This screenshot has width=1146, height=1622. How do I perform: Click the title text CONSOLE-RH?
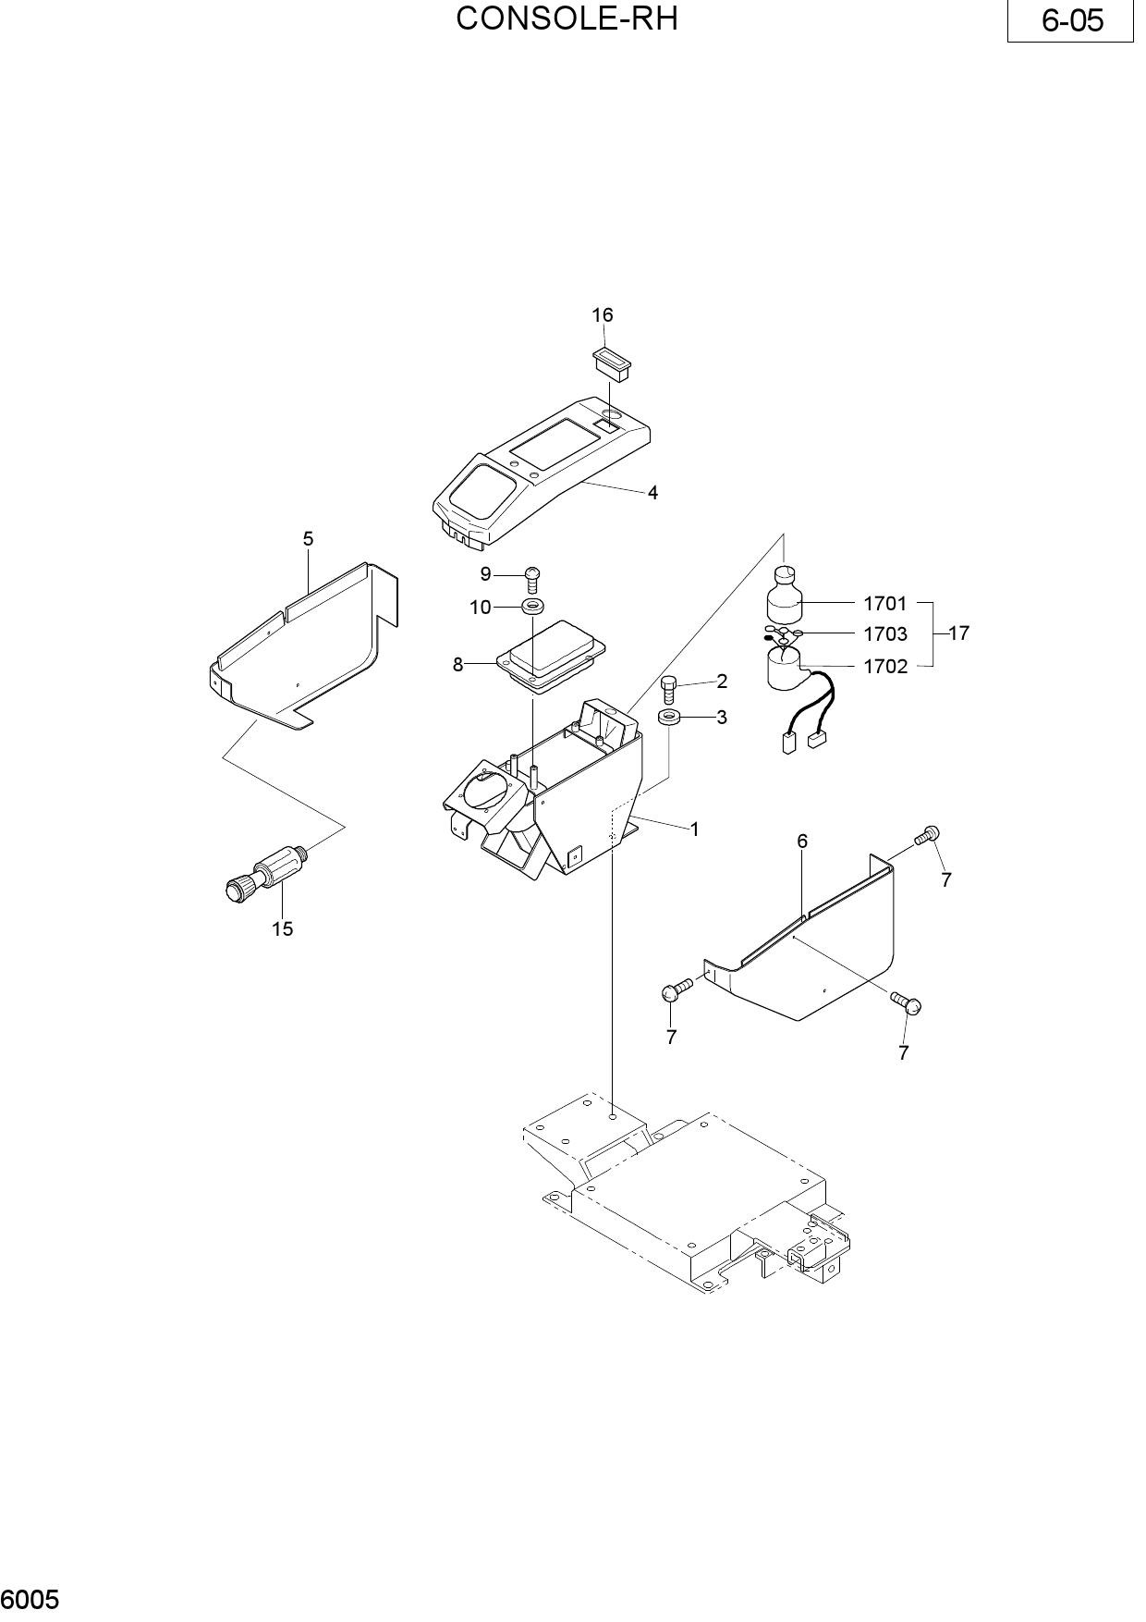(567, 18)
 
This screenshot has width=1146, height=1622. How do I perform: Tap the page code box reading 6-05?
(1070, 20)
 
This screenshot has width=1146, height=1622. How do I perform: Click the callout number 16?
(602, 315)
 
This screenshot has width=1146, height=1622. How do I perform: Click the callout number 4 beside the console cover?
(652, 493)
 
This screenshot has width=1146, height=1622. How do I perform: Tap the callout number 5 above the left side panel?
(308, 538)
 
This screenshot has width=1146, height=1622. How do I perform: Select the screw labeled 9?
(532, 579)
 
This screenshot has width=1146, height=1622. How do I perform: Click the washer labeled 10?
(533, 607)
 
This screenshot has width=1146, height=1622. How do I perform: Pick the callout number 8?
(457, 664)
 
